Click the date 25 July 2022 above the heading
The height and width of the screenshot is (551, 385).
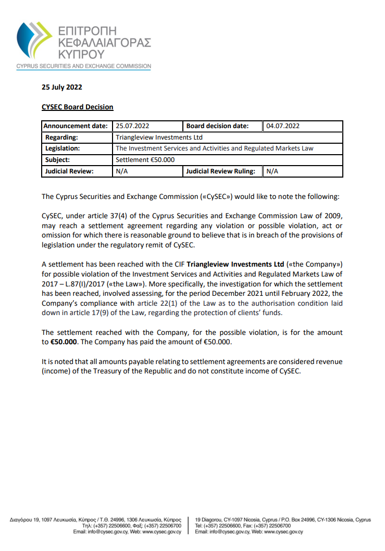click(61, 87)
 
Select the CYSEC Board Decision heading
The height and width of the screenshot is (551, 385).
click(77, 107)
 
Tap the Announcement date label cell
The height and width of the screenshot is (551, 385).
click(76, 126)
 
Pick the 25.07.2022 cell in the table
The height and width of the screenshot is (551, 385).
click(133, 126)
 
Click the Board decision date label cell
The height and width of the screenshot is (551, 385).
click(217, 126)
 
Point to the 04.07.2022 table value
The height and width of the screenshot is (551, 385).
click(283, 126)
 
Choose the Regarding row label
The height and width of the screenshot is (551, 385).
click(61, 137)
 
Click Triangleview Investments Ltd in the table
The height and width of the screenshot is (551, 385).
click(159, 137)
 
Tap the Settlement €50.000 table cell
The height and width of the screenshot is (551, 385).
click(145, 160)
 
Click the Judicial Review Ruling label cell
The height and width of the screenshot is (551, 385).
click(221, 171)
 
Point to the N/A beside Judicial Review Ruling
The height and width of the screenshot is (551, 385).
click(272, 171)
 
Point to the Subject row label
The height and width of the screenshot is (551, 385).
click(57, 160)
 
